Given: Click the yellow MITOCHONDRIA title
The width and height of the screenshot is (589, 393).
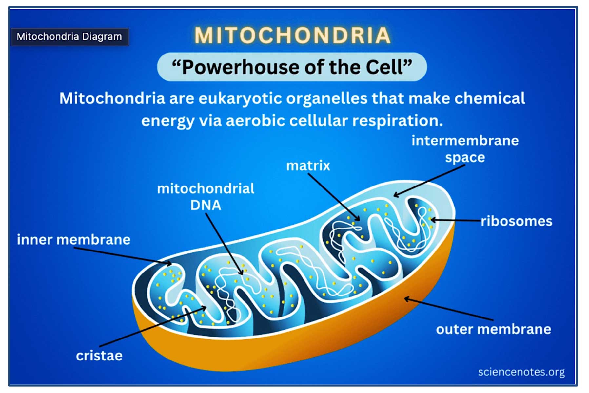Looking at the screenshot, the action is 292,35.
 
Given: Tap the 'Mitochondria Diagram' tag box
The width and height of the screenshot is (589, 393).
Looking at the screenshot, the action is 70,36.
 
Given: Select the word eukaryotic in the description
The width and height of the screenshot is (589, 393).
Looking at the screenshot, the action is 241,99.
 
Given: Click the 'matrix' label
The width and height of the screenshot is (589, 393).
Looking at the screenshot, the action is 308,165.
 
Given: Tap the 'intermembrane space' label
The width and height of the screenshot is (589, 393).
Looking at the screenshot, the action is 465,149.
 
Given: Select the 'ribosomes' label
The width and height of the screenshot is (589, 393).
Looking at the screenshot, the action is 517,221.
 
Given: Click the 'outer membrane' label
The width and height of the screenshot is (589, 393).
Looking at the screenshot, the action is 493,329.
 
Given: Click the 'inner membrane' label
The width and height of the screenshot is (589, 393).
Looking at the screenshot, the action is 74,240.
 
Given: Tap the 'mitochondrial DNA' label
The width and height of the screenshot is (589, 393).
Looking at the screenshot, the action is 206,197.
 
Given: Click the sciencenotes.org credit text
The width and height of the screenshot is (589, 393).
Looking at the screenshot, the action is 521,372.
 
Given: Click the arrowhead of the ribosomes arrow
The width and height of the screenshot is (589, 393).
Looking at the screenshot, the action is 433,220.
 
